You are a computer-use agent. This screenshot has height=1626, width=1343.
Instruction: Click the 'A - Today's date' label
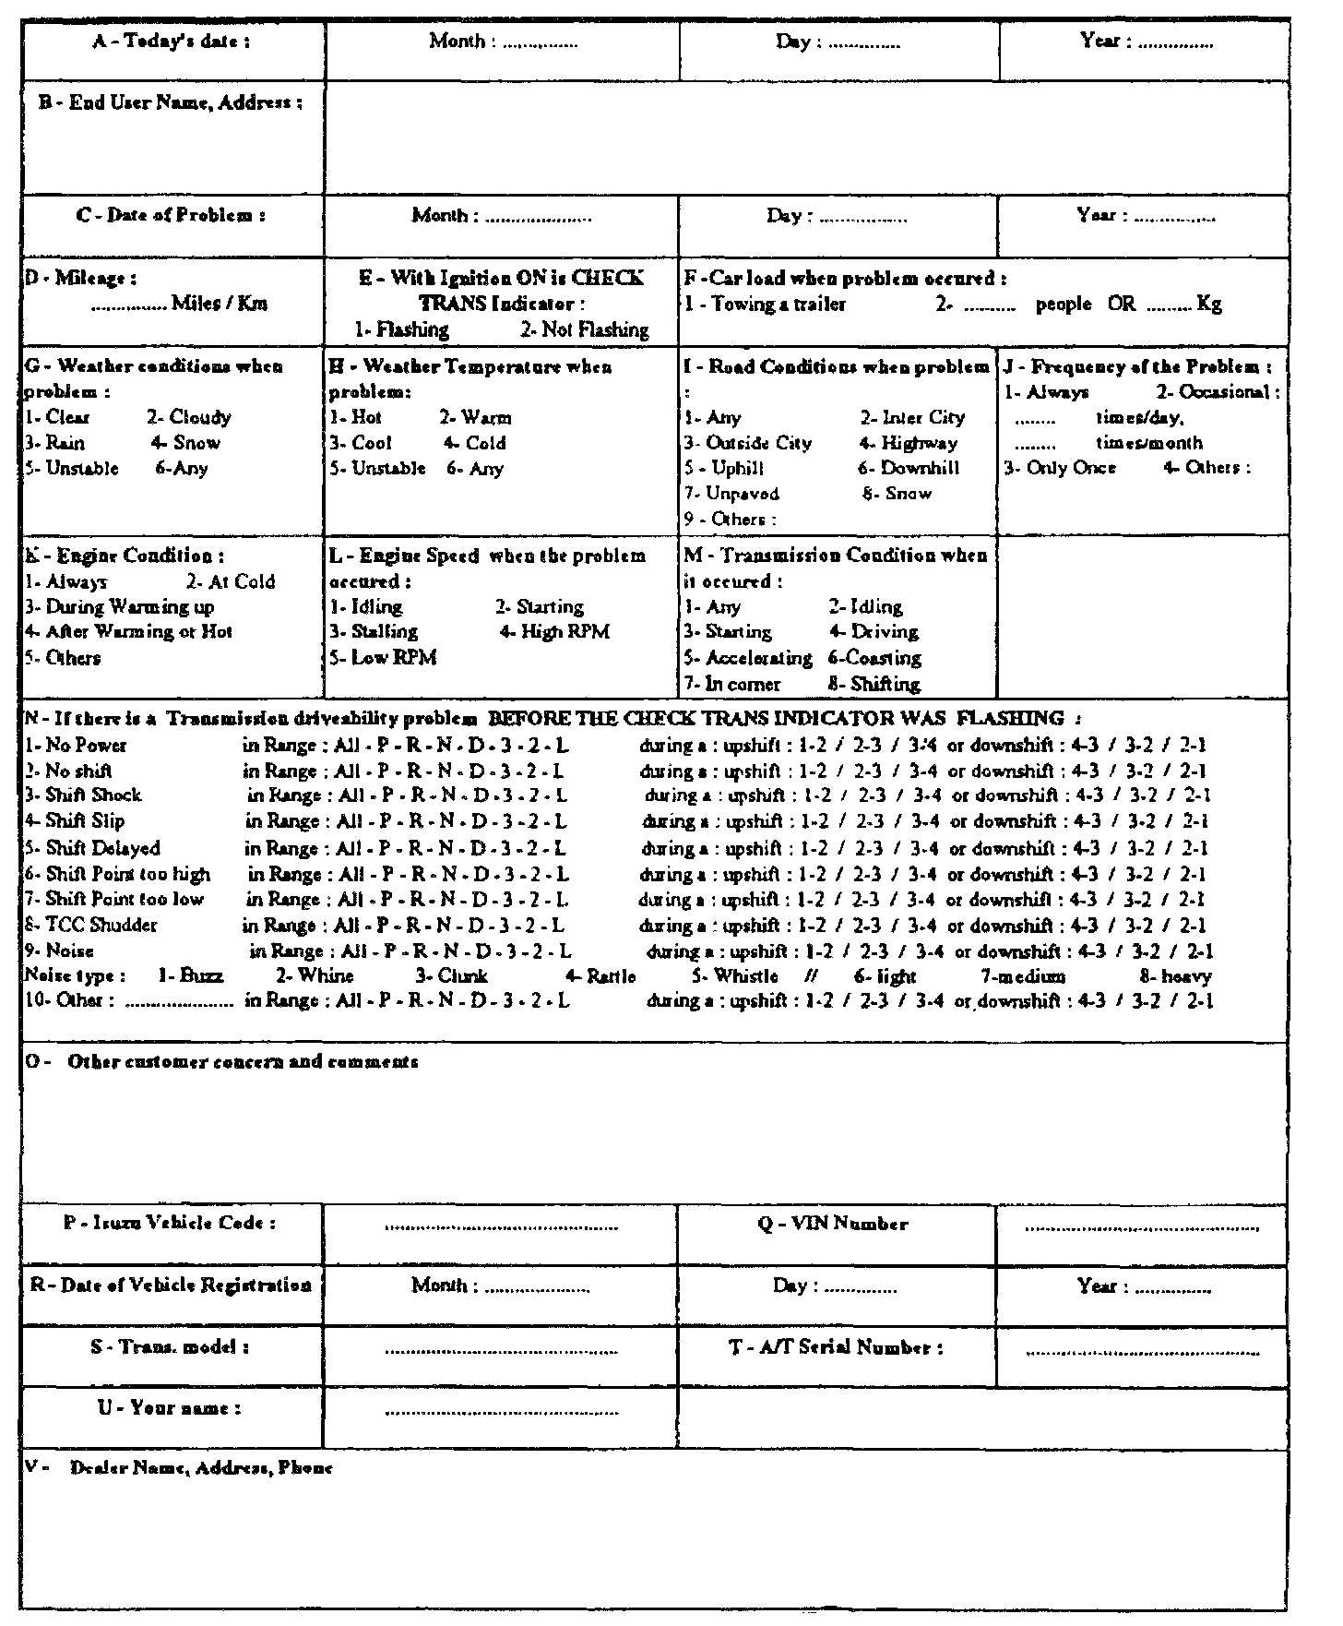pos(172,42)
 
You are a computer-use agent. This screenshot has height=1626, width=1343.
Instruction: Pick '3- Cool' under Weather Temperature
pos(361,443)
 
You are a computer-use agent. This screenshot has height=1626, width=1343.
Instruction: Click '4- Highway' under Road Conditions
pos(909,443)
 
